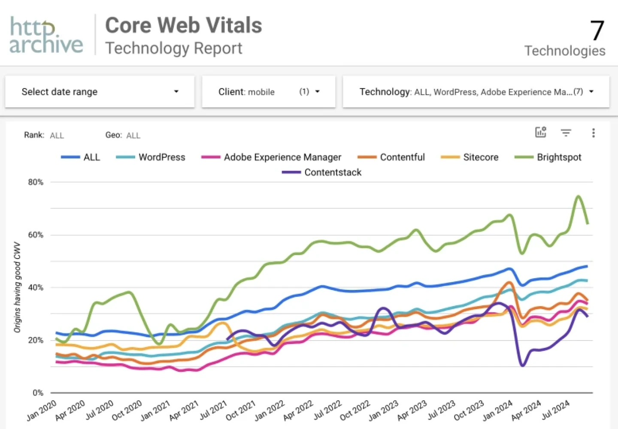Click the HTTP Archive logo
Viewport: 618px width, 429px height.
(x=46, y=35)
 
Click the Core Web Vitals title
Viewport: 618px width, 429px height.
(x=183, y=25)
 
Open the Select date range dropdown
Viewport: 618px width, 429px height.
(x=100, y=92)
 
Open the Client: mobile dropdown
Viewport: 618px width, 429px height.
(x=268, y=92)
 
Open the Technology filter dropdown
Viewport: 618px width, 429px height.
(x=476, y=92)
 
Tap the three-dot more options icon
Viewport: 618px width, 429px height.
(x=593, y=133)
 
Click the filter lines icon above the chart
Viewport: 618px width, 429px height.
(x=566, y=133)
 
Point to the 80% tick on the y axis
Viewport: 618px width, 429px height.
(x=36, y=182)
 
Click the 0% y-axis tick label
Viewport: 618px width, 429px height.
(x=38, y=392)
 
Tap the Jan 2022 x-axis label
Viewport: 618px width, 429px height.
(x=270, y=411)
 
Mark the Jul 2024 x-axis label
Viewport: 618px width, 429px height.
(x=555, y=410)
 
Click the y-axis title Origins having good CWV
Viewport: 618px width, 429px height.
(x=17, y=287)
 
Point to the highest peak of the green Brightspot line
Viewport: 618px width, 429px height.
(x=579, y=196)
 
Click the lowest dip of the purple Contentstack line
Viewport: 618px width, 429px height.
(x=522, y=365)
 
